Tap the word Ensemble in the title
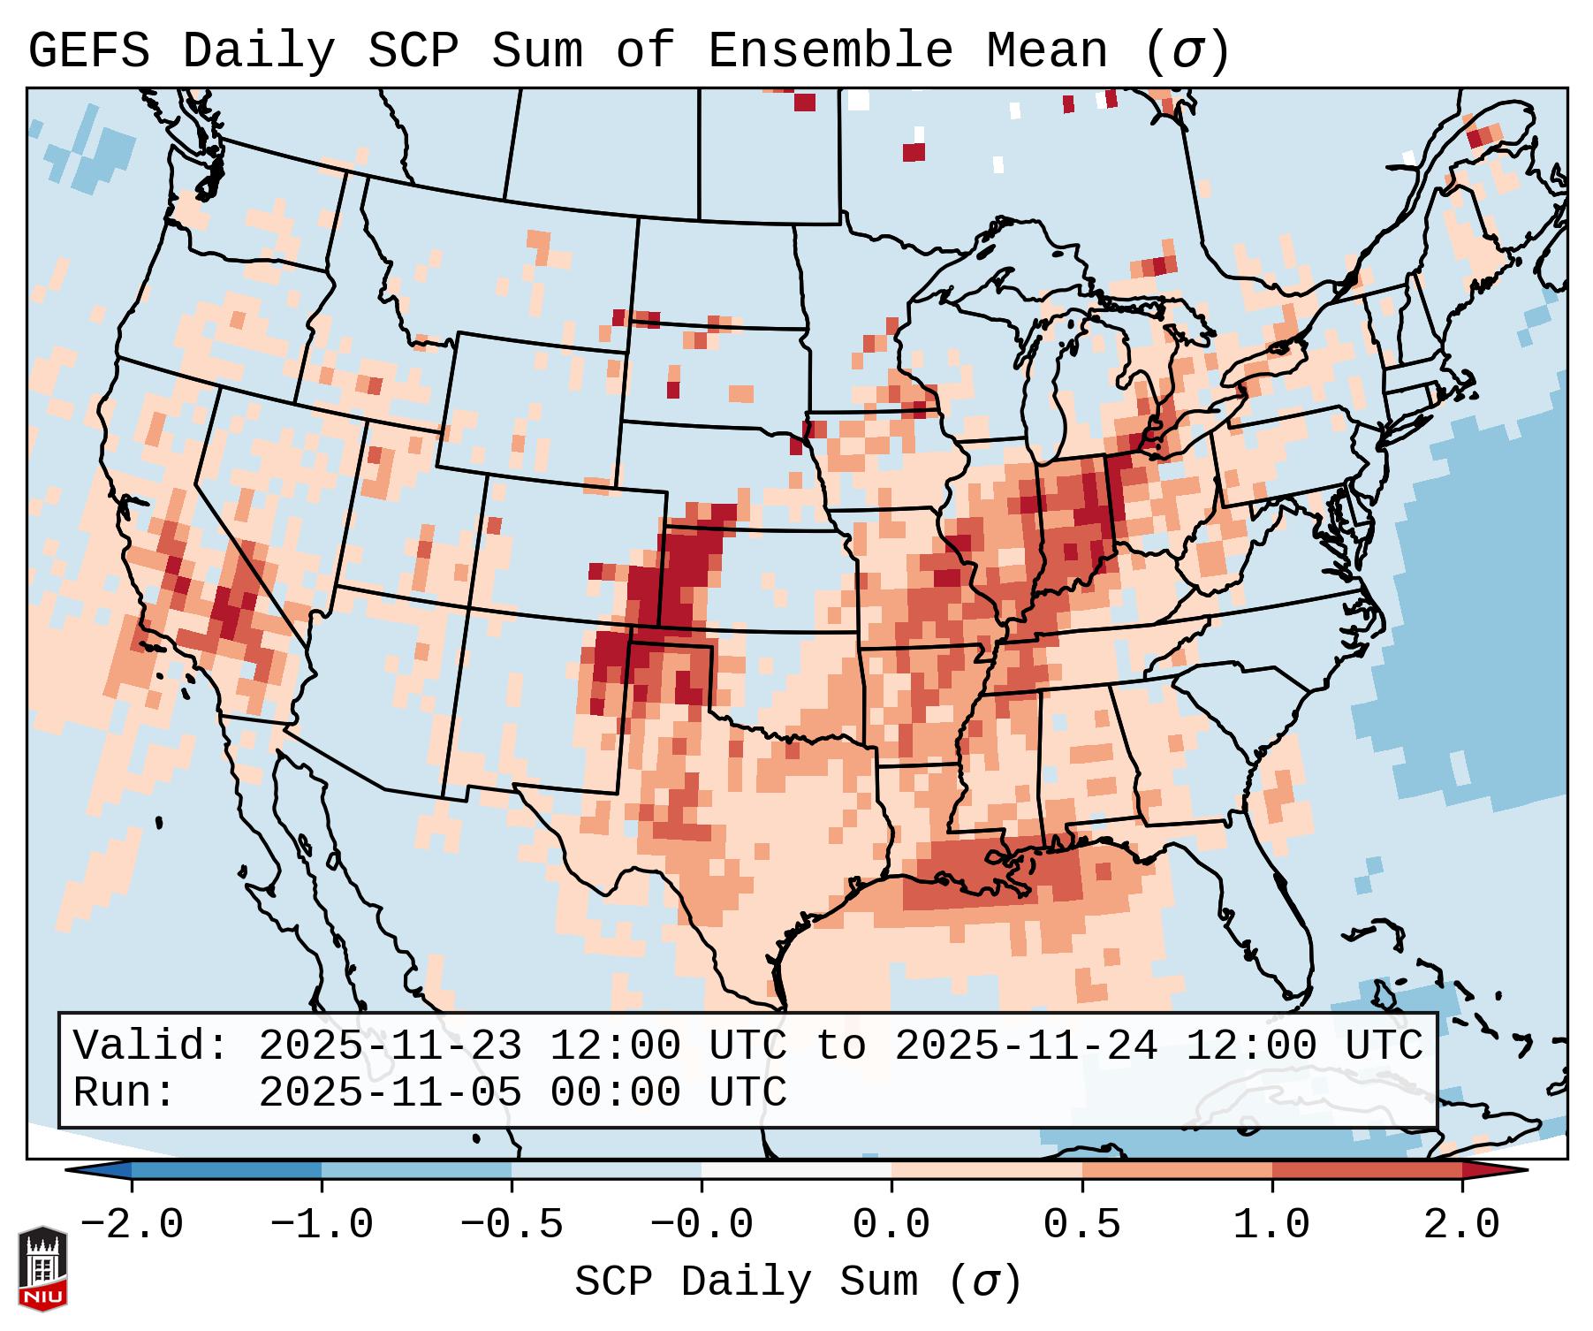[830, 51]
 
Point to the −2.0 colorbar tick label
[132, 1225]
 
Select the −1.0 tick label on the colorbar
[322, 1225]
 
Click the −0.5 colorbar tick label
[512, 1225]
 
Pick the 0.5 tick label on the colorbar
[1082, 1225]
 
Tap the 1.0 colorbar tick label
[1272, 1225]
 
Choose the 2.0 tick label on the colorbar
[1462, 1225]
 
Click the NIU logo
[42, 1268]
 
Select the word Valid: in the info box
[151, 1046]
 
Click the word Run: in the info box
[125, 1093]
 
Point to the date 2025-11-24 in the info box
[1026, 1046]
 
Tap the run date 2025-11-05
[390, 1093]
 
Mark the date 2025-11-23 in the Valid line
[390, 1046]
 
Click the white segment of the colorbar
[796, 1170]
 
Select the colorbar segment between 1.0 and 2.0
[1367, 1170]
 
